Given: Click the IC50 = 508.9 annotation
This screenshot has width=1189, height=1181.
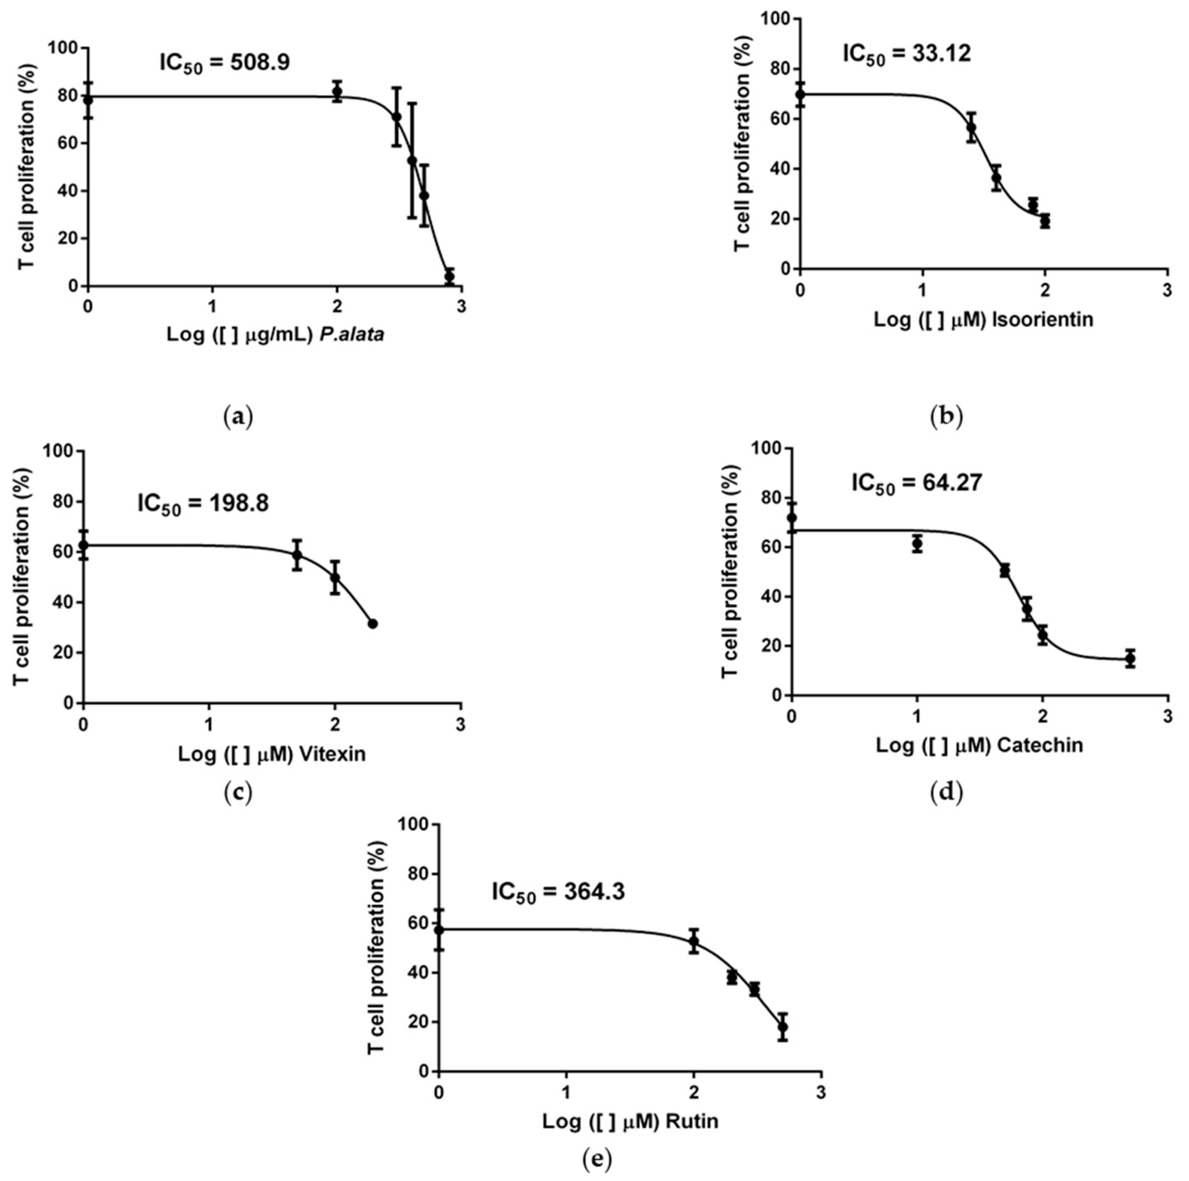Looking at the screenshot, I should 225,63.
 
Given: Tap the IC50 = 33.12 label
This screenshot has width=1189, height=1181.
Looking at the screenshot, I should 907,54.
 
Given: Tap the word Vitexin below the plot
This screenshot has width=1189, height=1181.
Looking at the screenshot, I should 332,754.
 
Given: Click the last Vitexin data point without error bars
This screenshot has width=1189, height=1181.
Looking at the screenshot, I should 372,624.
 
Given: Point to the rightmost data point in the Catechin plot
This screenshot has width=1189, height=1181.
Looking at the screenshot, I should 1130,659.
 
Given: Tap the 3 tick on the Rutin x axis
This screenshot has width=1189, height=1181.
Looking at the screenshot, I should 821,1094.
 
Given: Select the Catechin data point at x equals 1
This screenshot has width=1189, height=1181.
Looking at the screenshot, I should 917,544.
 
